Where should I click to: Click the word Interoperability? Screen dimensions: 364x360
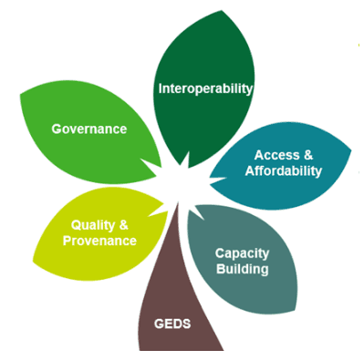click(x=204, y=89)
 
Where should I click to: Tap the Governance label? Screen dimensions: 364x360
click(x=89, y=129)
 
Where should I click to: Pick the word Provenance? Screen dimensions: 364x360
click(x=99, y=241)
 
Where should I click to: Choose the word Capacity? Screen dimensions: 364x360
click(x=242, y=252)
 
